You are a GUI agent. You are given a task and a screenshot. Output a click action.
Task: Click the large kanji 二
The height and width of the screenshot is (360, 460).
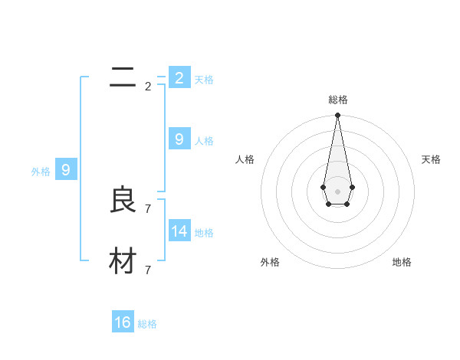pos(123,77)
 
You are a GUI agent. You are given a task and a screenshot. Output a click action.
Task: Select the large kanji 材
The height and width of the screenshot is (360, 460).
pos(123,261)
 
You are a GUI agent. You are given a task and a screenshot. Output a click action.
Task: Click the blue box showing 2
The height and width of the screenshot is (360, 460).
pos(179,77)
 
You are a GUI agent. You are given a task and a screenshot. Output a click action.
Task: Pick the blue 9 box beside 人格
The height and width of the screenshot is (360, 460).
pos(179,139)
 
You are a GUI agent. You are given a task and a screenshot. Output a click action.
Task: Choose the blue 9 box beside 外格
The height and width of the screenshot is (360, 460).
pos(66,170)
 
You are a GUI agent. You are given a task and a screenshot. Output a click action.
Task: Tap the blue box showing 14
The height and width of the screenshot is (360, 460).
pos(179,231)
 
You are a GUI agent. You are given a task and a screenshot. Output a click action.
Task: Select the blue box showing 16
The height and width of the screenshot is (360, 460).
pos(123,322)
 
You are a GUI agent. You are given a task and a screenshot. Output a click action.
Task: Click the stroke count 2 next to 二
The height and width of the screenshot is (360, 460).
pos(148,87)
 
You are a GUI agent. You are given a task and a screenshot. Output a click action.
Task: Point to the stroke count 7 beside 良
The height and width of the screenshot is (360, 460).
pos(148,208)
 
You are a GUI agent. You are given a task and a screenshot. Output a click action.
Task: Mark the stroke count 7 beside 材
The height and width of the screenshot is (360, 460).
pos(148,270)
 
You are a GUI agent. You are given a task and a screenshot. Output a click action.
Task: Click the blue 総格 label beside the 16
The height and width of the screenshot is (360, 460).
pos(147,324)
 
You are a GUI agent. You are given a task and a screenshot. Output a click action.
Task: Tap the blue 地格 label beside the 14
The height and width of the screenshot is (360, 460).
pos(204,232)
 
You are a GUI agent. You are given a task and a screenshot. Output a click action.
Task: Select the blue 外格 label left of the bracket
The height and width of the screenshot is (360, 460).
pos(41,172)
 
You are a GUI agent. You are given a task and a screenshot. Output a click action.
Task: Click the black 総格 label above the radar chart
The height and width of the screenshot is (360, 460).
pos(337,100)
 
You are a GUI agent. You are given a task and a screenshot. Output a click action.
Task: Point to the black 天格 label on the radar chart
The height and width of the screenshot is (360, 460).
pos(431,159)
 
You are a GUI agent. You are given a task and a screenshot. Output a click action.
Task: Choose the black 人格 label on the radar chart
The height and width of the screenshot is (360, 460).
pos(245,159)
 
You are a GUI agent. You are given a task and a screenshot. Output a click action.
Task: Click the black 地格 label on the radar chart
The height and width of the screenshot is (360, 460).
pos(402,262)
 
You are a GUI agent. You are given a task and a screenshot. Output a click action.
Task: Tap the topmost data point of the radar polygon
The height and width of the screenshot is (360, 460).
pos(337,116)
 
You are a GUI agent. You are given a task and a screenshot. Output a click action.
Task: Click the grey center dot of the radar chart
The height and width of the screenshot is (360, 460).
pos(337,191)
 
